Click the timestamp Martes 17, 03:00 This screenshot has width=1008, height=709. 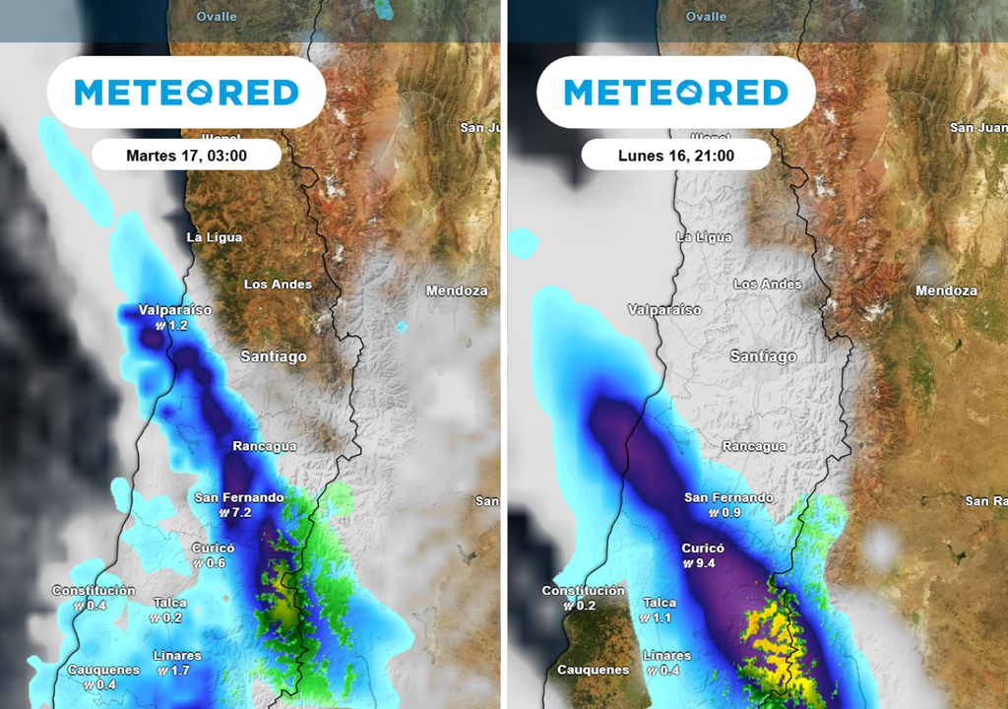[186, 156]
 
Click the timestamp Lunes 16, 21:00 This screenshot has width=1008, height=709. [675, 156]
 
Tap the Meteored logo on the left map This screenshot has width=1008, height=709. [186, 93]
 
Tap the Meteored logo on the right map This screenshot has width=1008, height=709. [675, 93]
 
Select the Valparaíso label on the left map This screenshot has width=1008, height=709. [174, 309]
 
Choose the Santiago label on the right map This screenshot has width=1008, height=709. [763, 356]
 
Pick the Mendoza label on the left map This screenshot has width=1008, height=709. [457, 290]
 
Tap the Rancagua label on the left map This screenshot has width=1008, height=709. [264, 446]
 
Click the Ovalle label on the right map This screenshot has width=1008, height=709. [706, 17]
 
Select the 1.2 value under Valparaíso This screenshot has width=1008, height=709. [176, 325]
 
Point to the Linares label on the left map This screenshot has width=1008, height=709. [177, 655]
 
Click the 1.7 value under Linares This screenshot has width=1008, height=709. [180, 671]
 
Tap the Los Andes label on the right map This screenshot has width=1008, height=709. [768, 284]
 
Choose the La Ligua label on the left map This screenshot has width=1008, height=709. [214, 237]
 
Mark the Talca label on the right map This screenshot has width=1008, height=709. [660, 603]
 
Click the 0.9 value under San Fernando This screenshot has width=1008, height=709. [729, 513]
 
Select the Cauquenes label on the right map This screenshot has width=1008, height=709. [593, 670]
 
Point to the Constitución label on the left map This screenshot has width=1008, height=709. [94, 590]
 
